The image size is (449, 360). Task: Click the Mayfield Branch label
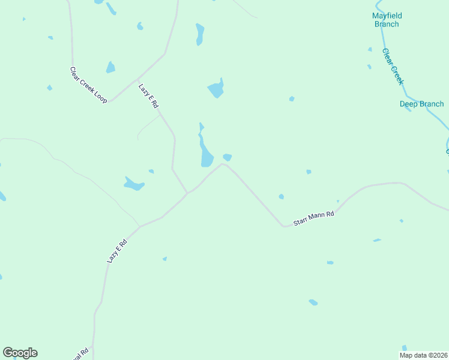[387, 20]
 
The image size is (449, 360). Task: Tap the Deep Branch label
[422, 104]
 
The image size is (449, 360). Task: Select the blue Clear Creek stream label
[393, 67]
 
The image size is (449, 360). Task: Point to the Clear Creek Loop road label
[88, 85]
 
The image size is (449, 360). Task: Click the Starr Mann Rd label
[313, 218]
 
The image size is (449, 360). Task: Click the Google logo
[20, 353]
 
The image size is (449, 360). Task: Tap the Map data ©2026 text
[423, 355]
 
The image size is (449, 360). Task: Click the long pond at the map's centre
[206, 155]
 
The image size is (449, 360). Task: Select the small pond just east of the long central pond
[228, 157]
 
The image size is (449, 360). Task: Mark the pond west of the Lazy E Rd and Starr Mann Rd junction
[134, 184]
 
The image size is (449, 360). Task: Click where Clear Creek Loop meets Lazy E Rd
[137, 79]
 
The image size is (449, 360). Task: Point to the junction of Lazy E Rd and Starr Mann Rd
[187, 193]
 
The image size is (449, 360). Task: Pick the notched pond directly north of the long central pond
[216, 89]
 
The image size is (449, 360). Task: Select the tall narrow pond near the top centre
[200, 34]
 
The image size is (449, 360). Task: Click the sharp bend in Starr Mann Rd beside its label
[284, 226]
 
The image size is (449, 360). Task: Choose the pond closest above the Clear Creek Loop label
[110, 67]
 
